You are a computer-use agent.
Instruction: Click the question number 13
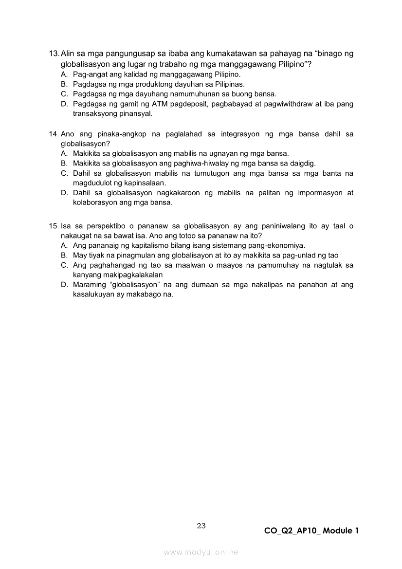pos(54,54)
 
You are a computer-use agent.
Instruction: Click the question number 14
pos(54,134)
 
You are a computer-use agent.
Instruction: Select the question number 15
pos(54,226)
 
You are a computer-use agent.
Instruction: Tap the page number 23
pos(201,525)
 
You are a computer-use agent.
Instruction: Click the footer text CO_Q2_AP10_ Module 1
pos(311,531)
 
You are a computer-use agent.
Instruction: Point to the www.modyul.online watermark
pos(201,552)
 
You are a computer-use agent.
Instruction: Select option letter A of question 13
pos(64,75)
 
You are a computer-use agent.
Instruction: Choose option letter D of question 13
pos(64,104)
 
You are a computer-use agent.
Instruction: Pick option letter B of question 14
pos(64,164)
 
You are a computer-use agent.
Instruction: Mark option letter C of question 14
pos(64,173)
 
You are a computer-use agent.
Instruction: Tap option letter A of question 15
pos(64,246)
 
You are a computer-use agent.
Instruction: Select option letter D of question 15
pos(64,285)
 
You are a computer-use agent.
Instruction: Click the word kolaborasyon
pos(95,202)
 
